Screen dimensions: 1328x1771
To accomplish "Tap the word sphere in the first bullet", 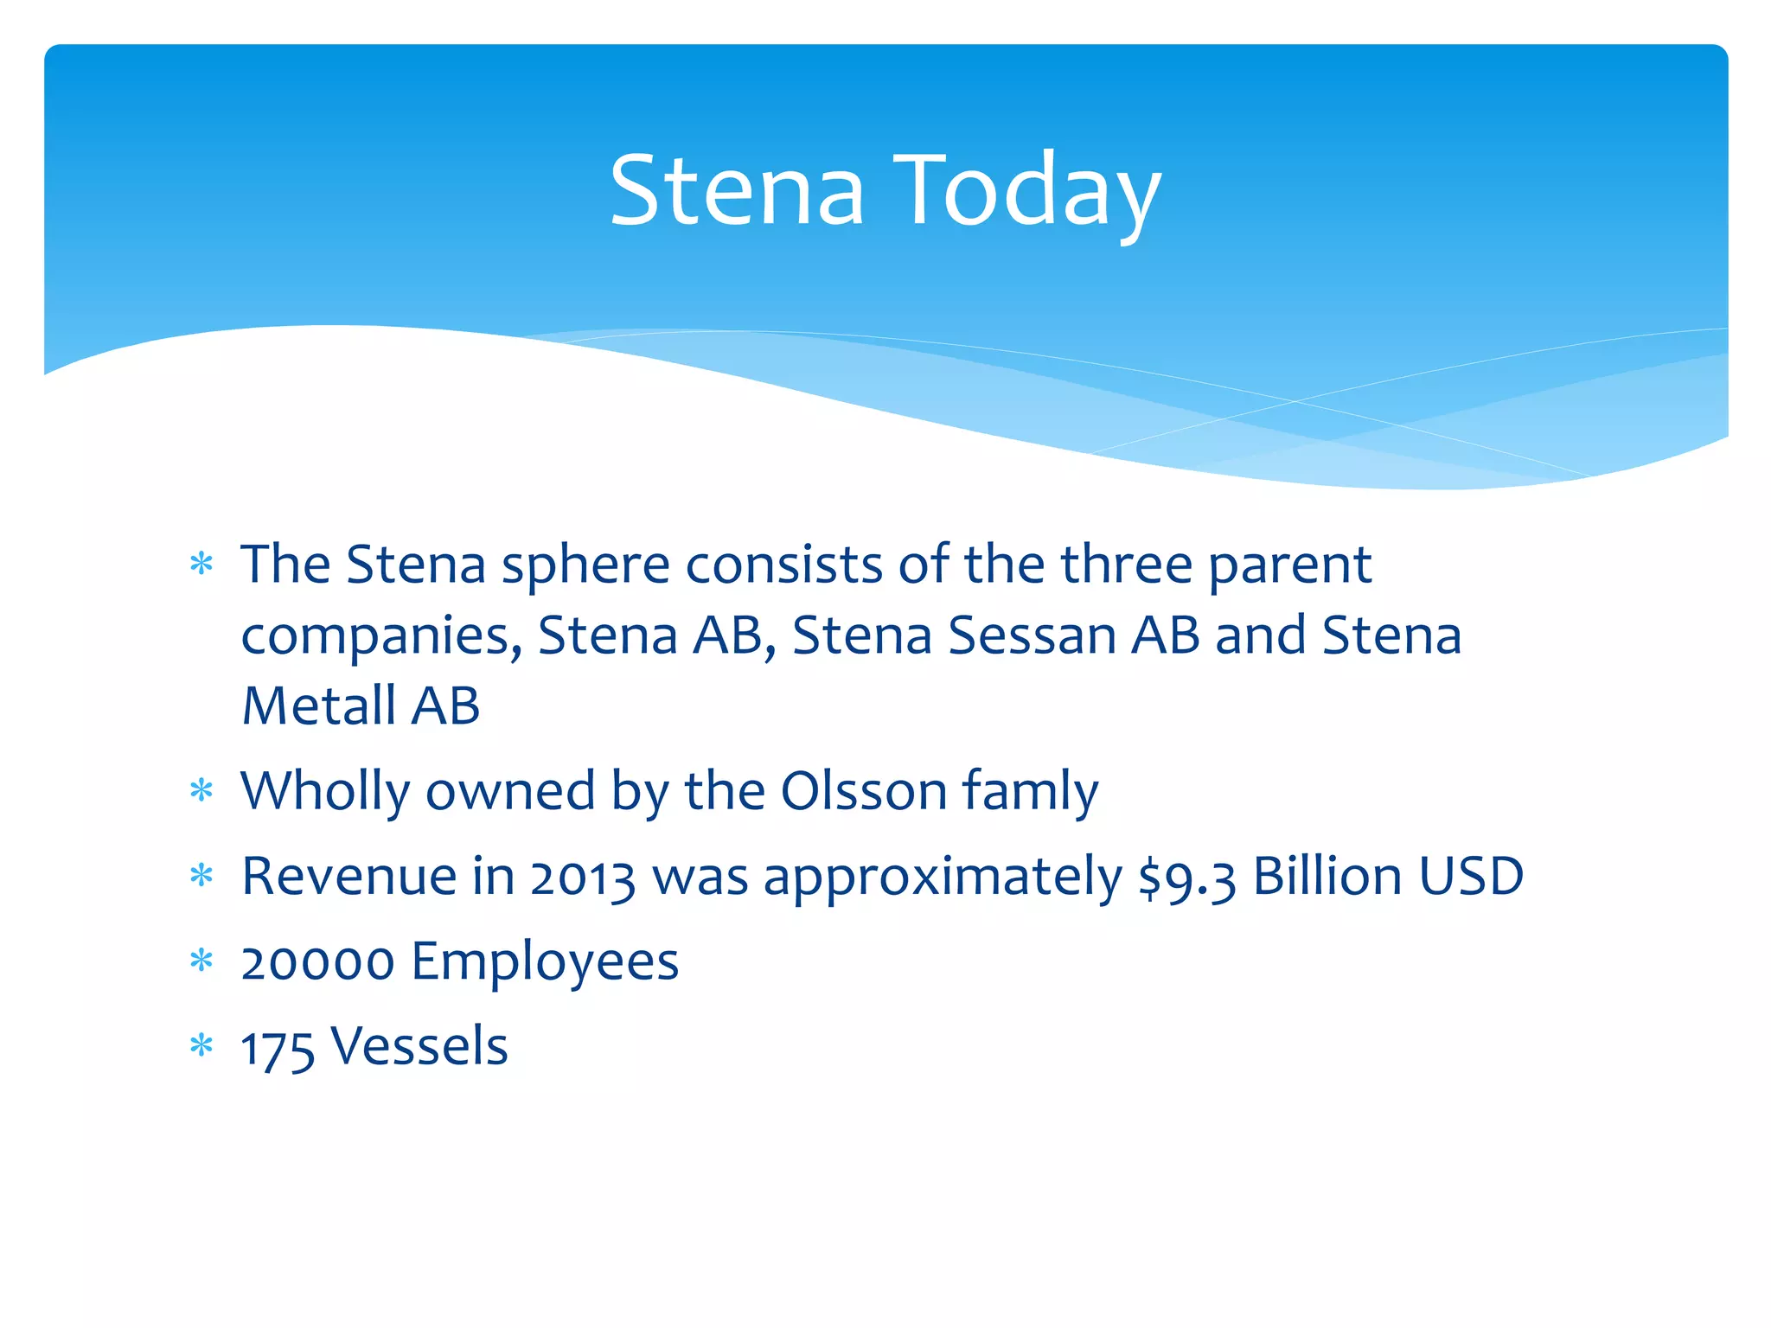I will (585, 566).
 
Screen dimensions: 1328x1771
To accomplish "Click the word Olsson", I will (863, 791).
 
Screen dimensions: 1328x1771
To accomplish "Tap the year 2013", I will (582, 878).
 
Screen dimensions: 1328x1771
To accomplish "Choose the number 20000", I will (317, 962).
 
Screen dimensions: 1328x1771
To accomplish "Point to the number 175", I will (277, 1049).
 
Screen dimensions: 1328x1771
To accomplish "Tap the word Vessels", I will (419, 1047).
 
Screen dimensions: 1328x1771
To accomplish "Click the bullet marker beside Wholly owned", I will (201, 790).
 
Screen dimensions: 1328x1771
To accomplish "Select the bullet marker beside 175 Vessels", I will (201, 1046).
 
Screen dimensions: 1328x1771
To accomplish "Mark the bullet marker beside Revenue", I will (201, 876).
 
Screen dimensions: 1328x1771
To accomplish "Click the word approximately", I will (943, 878).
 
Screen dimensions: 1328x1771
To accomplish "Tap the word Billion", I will (1327, 877).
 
